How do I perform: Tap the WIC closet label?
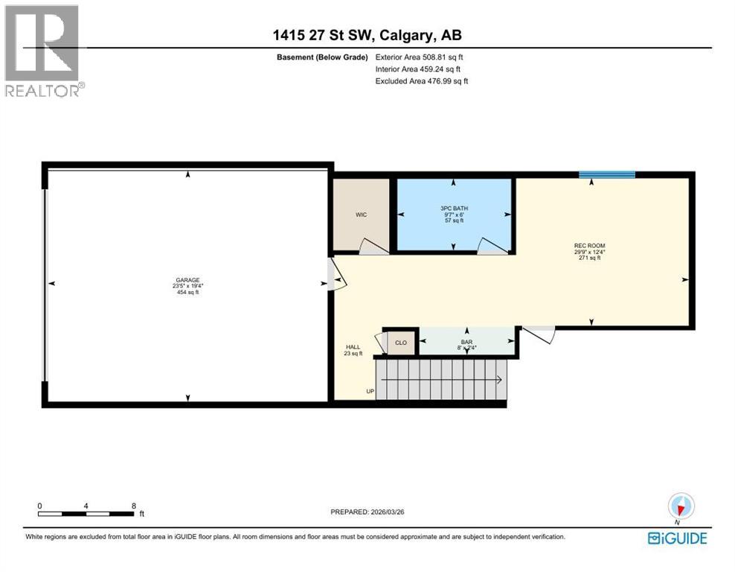(x=361, y=214)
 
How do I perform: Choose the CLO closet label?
(x=401, y=343)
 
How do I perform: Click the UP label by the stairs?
(x=370, y=391)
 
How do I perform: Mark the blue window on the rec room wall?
(x=607, y=175)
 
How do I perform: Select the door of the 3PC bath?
(x=491, y=246)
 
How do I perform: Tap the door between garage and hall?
(x=335, y=275)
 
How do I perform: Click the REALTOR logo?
(x=42, y=51)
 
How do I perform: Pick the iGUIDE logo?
(x=677, y=538)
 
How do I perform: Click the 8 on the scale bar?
(x=133, y=505)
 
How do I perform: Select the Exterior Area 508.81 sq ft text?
(x=422, y=57)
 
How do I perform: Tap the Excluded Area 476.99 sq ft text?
(x=422, y=81)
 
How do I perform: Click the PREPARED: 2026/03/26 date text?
(x=367, y=512)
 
